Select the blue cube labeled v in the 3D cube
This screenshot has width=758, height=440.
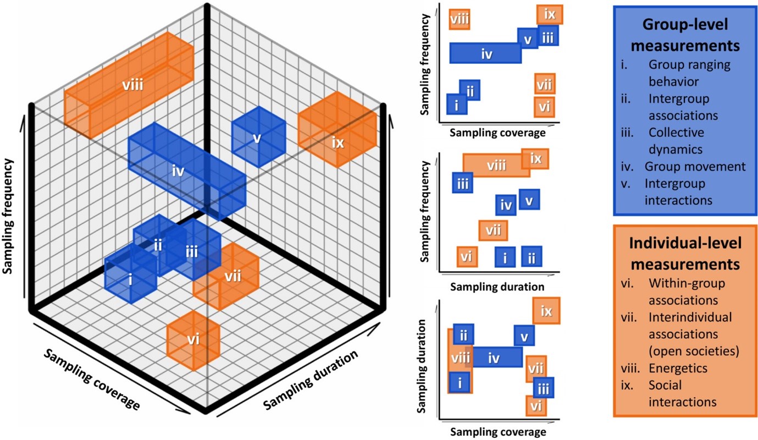[x=257, y=138]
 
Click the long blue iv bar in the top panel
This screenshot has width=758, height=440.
[x=486, y=53]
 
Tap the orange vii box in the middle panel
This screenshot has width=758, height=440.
[x=493, y=230]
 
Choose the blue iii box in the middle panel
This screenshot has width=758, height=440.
[x=463, y=182]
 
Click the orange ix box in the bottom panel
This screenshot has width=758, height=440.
[x=546, y=311]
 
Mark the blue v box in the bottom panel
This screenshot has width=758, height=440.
[x=524, y=335]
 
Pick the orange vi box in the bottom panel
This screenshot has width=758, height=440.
[x=536, y=406]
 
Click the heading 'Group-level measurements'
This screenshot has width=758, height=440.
[x=685, y=35]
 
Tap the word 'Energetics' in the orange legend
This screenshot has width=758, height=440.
[x=677, y=367]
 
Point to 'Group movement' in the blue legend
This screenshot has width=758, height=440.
[x=695, y=166]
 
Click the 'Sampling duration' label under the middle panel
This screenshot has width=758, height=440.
[x=496, y=287]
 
